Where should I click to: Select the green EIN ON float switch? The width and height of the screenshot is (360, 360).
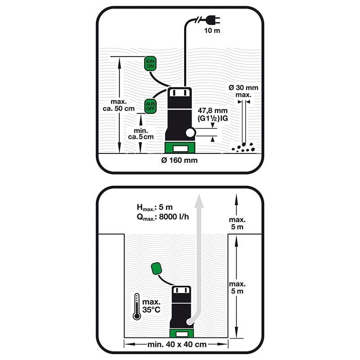click(150, 63)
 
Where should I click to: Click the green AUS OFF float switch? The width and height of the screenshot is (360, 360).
click(150, 106)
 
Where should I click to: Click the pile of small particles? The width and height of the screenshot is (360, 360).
click(243, 146)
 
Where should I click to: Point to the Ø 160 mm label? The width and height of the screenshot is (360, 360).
click(179, 160)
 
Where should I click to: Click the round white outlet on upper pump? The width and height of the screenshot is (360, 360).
click(191, 132)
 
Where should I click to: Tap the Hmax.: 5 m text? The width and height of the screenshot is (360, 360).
click(154, 208)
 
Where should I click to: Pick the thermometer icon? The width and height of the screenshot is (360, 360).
click(137, 307)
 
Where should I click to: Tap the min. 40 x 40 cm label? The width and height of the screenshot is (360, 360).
click(177, 344)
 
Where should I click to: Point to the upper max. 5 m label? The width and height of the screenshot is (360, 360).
click(237, 224)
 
